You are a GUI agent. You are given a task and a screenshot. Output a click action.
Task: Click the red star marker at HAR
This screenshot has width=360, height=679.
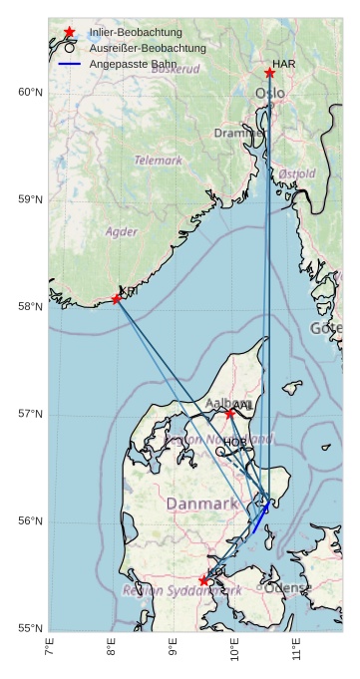269,73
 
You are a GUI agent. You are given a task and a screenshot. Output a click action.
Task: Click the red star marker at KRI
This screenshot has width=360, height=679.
117,298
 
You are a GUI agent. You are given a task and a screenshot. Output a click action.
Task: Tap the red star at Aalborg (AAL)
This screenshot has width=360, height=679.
229,413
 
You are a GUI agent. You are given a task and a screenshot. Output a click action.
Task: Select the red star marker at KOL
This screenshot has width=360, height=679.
203,580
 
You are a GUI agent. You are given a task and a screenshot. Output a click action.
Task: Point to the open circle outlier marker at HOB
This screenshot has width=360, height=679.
220,451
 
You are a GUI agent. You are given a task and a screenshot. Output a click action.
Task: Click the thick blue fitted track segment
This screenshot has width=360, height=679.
260,518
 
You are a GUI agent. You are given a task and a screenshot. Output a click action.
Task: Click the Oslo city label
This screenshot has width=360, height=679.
269,94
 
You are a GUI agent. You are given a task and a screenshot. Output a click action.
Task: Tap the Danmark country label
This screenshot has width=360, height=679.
202,505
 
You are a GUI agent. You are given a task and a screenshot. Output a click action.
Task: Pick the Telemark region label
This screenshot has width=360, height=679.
159,160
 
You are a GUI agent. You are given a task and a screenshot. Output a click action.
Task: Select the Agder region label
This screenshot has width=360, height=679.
122,231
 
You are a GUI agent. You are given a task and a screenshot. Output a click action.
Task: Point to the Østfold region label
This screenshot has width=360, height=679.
297,173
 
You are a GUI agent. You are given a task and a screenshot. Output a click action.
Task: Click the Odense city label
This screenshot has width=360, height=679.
288,587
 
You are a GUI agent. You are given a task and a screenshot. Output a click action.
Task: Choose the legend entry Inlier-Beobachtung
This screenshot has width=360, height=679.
136,32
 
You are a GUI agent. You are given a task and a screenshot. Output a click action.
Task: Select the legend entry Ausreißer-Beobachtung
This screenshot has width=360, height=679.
147,48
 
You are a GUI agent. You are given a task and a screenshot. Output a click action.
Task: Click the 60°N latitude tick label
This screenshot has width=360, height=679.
31,93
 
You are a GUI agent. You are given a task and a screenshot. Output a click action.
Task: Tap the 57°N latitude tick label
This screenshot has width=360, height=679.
31,414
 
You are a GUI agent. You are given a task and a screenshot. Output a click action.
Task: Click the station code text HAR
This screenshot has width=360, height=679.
284,64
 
